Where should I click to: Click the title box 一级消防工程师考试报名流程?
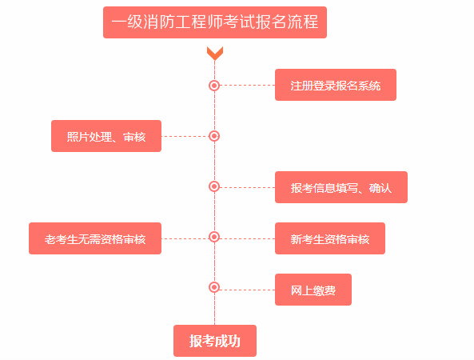[x=215, y=22]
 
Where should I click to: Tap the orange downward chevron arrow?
[x=214, y=54]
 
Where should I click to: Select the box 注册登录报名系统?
[x=335, y=85]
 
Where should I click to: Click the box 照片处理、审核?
[x=106, y=136]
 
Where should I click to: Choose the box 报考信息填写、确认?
[x=341, y=187]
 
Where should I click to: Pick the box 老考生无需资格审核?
[x=95, y=238]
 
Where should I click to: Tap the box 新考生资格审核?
[x=329, y=238]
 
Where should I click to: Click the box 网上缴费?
[x=313, y=290]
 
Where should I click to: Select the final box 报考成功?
[x=214, y=341]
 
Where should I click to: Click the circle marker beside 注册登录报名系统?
[x=214, y=85]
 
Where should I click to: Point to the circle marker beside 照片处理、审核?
[x=214, y=136]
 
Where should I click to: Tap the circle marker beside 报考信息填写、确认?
[x=214, y=186]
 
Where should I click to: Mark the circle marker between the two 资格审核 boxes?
[x=214, y=237]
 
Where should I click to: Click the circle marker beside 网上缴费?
[x=214, y=287]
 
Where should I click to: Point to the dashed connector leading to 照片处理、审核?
[x=185, y=136]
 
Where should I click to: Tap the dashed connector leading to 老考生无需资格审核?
[x=185, y=238]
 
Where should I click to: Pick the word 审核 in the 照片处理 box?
[x=135, y=136]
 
